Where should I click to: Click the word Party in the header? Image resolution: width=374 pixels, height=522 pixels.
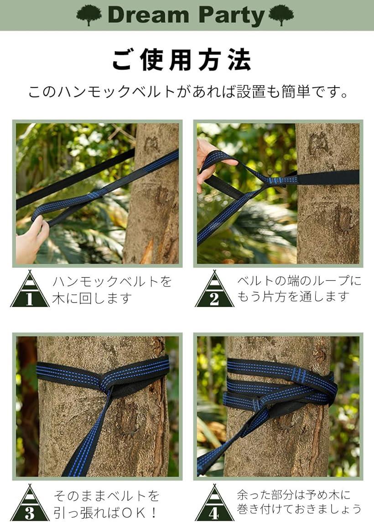[231, 16]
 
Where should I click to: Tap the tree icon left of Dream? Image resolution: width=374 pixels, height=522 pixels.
[89, 15]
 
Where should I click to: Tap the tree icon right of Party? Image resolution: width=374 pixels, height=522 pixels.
[281, 15]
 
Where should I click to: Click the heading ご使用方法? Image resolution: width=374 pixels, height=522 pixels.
[182, 60]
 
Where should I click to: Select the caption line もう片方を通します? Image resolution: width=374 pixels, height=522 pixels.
[293, 297]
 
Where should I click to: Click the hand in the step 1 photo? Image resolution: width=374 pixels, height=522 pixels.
[32, 240]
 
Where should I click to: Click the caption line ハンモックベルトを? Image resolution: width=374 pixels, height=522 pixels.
[112, 282]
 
